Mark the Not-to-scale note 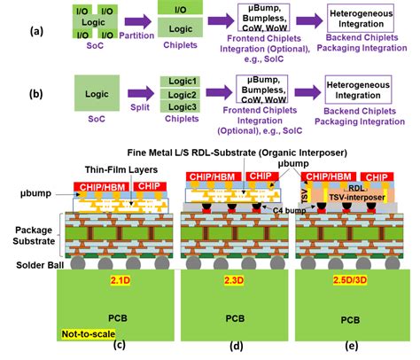pos(88,333)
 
